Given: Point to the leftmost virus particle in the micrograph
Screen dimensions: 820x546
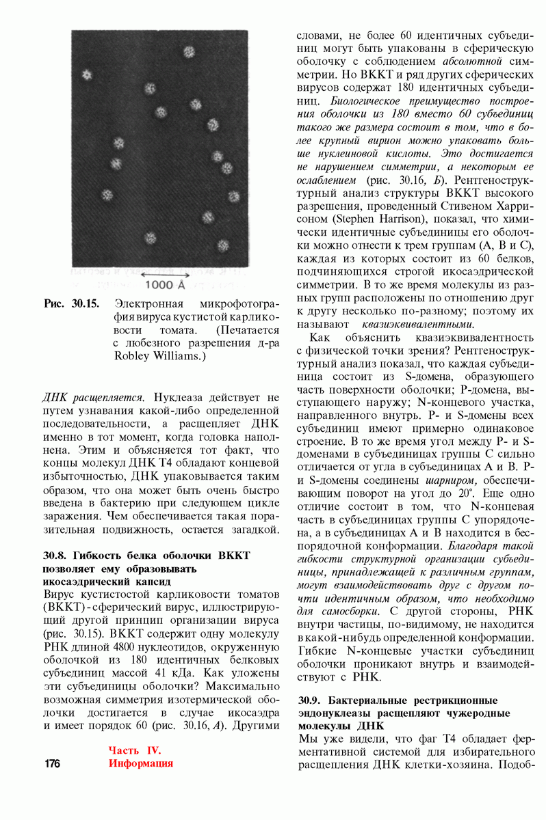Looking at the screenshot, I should click(87, 74).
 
